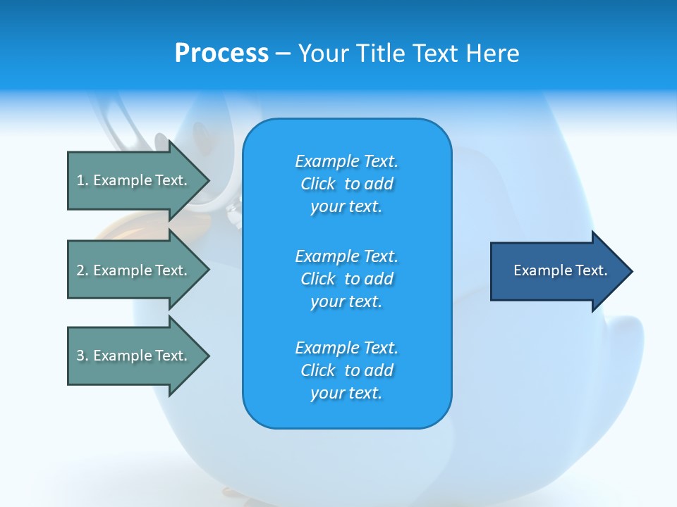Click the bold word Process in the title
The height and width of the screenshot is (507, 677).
(221, 53)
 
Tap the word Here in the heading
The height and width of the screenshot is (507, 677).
(492, 53)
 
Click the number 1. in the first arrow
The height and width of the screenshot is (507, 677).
(83, 180)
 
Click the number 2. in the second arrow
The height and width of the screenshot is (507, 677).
(83, 270)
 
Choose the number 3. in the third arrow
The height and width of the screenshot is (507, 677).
(83, 356)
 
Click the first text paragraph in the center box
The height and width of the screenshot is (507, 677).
(346, 184)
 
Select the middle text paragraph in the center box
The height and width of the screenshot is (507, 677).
(346, 279)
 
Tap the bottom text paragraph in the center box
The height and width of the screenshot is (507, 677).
(346, 370)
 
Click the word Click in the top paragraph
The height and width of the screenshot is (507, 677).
(318, 184)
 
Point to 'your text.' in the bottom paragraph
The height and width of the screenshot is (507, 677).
(346, 393)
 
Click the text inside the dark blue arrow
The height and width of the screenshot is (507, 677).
(560, 270)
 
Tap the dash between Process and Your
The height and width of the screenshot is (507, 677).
(283, 54)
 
